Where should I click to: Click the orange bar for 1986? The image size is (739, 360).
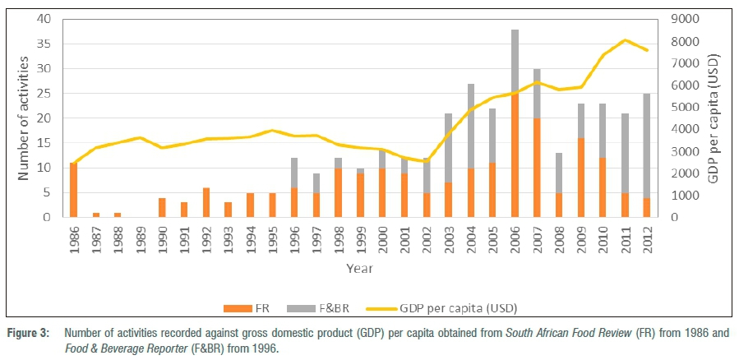[74, 190]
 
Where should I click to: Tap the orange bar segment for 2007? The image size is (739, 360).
[537, 168]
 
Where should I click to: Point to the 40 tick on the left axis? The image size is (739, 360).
[44, 19]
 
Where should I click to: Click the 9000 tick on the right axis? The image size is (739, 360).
[688, 19]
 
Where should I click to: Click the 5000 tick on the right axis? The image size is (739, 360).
[688, 107]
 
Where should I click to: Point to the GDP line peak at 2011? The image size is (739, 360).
[626, 39]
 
